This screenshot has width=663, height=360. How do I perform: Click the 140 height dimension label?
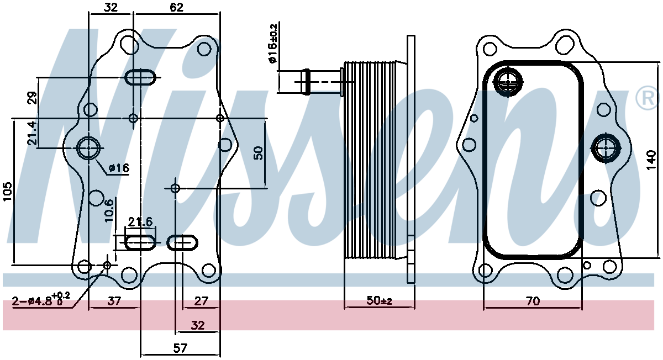(651, 160)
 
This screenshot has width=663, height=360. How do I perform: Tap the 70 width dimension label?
(533, 301)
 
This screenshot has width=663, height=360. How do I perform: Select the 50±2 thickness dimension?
(379, 301)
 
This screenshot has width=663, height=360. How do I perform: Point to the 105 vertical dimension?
(7, 192)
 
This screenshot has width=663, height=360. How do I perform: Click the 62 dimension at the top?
(176, 7)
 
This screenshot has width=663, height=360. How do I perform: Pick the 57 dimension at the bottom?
(180, 348)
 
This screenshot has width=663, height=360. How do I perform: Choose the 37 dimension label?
(114, 301)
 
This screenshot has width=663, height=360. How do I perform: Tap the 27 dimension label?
(201, 301)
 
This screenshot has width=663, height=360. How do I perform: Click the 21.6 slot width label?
(140, 221)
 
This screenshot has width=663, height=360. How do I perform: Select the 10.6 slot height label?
(109, 210)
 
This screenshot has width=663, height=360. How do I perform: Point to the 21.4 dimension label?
(32, 133)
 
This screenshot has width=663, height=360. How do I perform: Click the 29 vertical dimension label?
(32, 98)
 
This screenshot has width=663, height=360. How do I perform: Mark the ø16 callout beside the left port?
(119, 168)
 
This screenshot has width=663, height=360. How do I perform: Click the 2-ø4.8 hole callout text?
(41, 299)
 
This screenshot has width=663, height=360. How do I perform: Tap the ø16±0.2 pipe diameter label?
(272, 44)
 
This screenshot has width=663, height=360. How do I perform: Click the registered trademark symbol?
(648, 98)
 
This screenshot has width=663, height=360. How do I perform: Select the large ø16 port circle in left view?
(88, 148)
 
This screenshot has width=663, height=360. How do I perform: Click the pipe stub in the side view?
(322, 82)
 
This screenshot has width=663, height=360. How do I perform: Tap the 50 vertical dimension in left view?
(258, 152)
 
